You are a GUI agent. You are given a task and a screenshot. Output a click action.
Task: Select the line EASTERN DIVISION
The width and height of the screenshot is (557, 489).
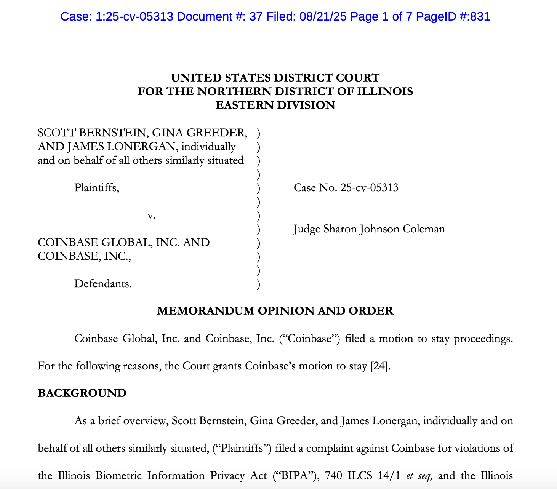pos(275,105)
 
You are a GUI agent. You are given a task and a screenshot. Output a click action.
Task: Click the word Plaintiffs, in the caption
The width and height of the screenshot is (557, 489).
pos(97,188)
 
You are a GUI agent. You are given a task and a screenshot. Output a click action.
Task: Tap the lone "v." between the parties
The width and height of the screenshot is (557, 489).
pos(151,216)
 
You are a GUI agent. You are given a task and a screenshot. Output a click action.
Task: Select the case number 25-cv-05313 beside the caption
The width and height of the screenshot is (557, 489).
pos(370,188)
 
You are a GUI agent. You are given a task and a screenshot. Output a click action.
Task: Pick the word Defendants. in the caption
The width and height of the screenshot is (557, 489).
pos(103,284)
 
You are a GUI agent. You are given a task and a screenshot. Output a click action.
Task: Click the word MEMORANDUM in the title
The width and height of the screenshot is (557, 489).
pos(206,311)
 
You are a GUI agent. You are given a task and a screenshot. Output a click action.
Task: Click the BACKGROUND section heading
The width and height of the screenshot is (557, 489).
pos(82,393)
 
